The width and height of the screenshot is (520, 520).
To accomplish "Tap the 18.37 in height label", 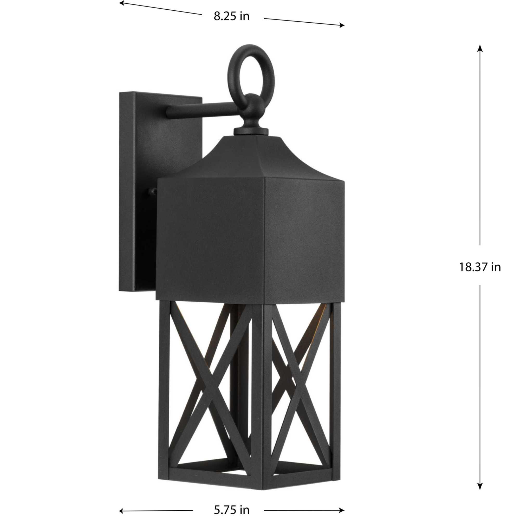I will point(480,268).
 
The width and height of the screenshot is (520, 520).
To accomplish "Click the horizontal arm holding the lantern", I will point(205,108).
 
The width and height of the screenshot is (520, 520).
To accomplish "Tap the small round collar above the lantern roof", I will point(251,131).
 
